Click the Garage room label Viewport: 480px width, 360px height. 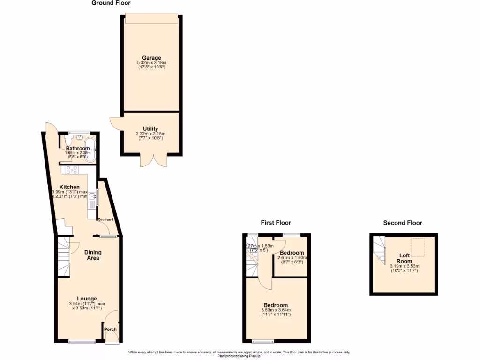[x=150, y=58]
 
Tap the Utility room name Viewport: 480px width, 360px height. [x=150, y=128]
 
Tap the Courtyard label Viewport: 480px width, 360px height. [x=105, y=219]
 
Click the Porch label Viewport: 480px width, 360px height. [x=110, y=329]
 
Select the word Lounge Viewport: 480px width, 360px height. [x=87, y=299]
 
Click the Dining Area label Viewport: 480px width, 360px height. [x=93, y=255]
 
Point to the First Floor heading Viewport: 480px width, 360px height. [x=276, y=223]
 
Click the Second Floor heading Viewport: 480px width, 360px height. [x=403, y=223]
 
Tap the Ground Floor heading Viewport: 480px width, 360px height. [x=111, y=3]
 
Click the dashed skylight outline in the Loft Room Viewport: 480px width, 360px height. [x=417, y=245]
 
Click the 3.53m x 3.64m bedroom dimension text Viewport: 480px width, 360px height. [x=276, y=312]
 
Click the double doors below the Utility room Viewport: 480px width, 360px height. [x=153, y=160]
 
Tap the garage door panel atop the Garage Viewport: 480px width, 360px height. [x=151, y=17]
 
